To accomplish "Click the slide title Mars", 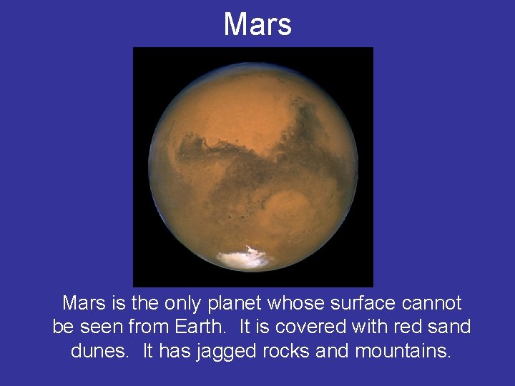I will tap(257, 24).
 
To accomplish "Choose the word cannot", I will tap(431, 303).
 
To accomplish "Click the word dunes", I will tap(98, 351).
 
